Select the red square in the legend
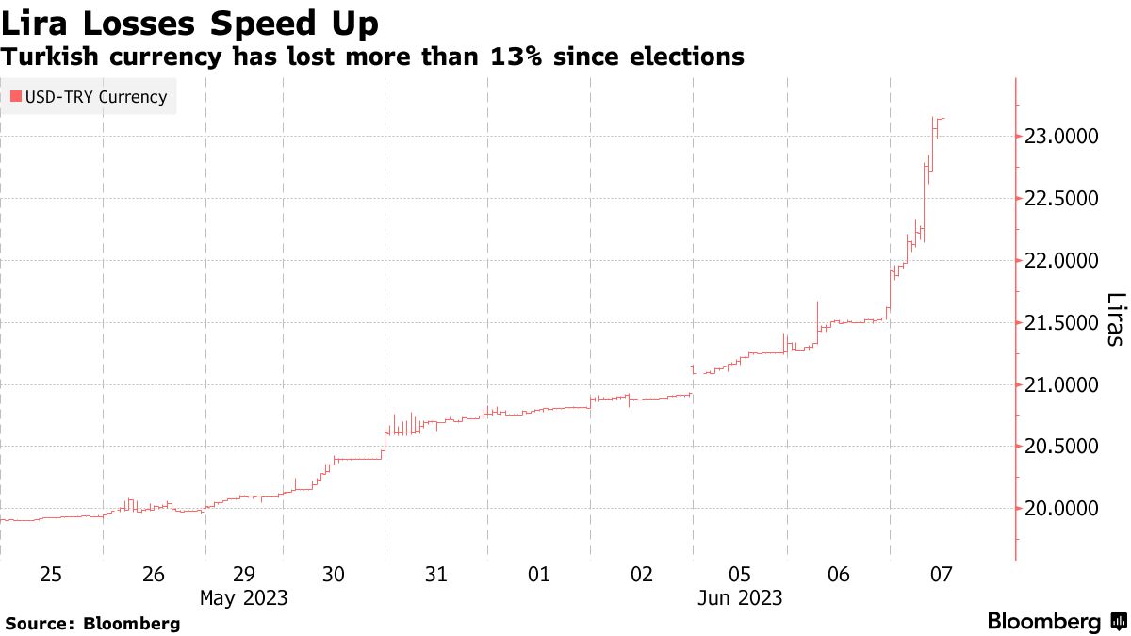pyautogui.click(x=15, y=97)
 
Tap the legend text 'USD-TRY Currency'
pyautogui.click(x=95, y=97)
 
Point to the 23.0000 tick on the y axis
pyautogui.click(x=1061, y=137)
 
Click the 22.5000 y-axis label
pyautogui.click(x=1061, y=199)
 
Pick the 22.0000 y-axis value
pyautogui.click(x=1061, y=261)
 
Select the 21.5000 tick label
pyautogui.click(x=1061, y=323)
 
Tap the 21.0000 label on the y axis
pyautogui.click(x=1061, y=385)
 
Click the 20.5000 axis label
pyautogui.click(x=1061, y=447)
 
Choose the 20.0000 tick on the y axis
pyautogui.click(x=1061, y=509)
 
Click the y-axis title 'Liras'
pyautogui.click(x=1114, y=319)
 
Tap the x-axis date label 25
pyautogui.click(x=51, y=575)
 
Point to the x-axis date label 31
pyautogui.click(x=435, y=575)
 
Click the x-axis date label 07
pyautogui.click(x=941, y=575)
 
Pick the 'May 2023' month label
pyautogui.click(x=244, y=598)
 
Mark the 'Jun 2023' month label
pyautogui.click(x=740, y=598)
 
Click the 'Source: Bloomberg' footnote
pyautogui.click(x=92, y=624)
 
